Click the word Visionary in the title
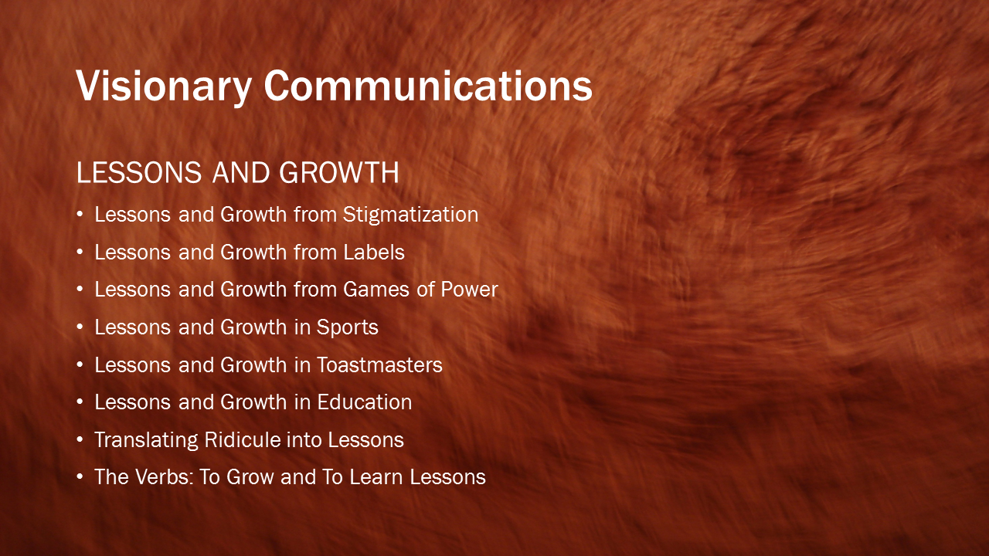click(164, 87)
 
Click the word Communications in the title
click(428, 86)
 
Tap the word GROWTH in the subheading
click(339, 172)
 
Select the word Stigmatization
click(410, 215)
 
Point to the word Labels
click(374, 253)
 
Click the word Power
click(469, 290)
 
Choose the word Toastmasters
click(379, 365)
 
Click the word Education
click(364, 402)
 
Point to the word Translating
click(146, 441)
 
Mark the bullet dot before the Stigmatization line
click(80, 215)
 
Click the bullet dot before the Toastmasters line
click(80, 365)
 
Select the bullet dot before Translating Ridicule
click(80, 440)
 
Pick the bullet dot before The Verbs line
click(80, 477)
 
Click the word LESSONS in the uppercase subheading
click(139, 172)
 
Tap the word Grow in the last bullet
click(250, 477)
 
